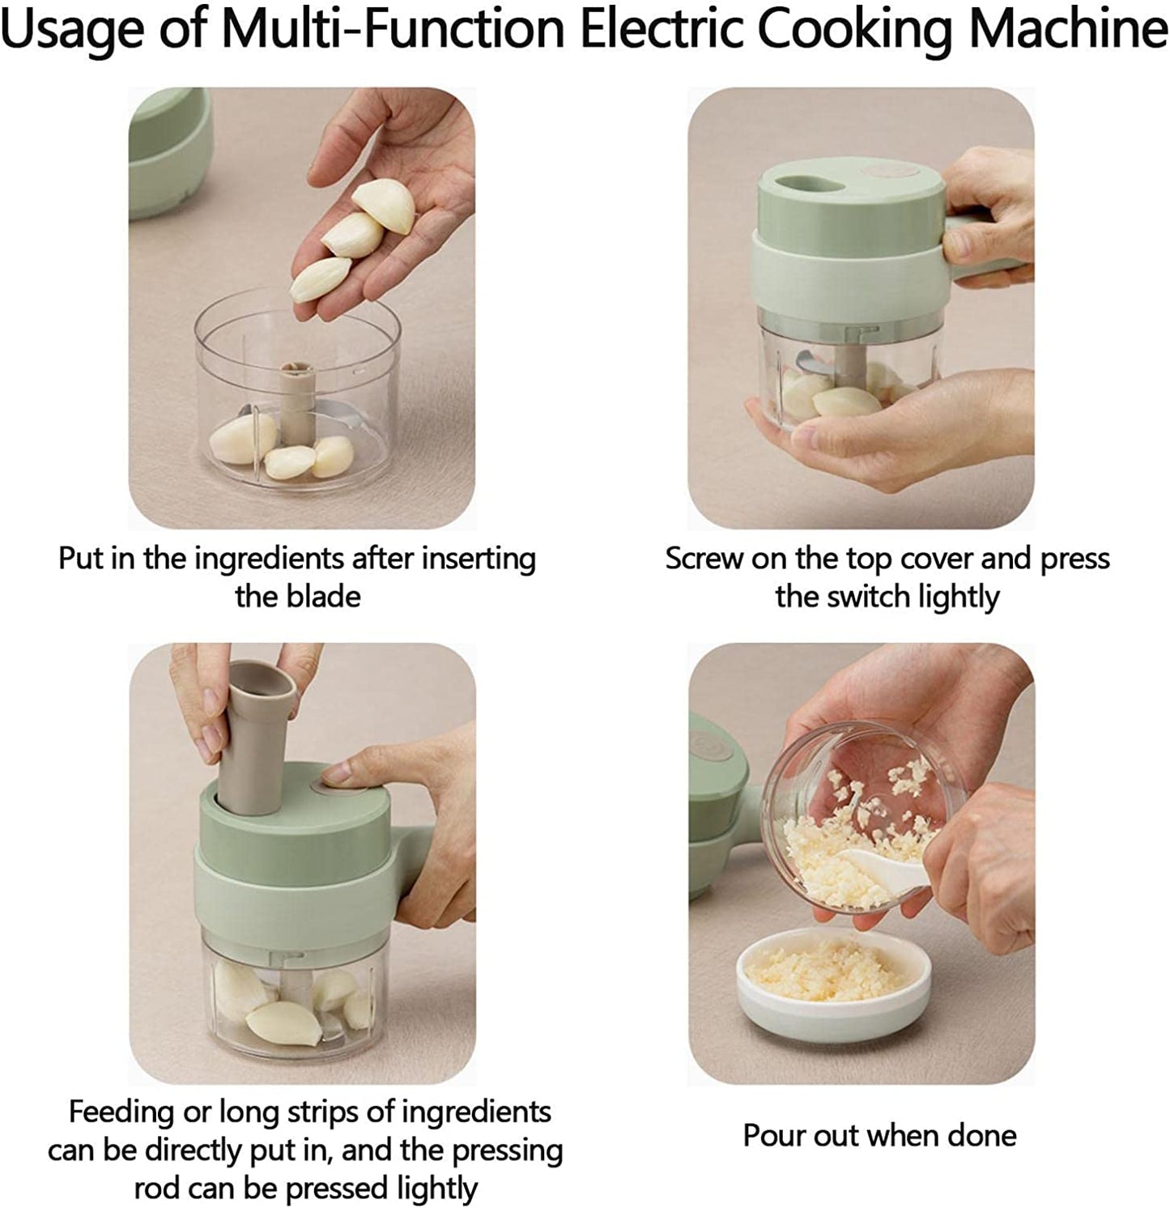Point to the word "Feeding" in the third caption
(121, 1112)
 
